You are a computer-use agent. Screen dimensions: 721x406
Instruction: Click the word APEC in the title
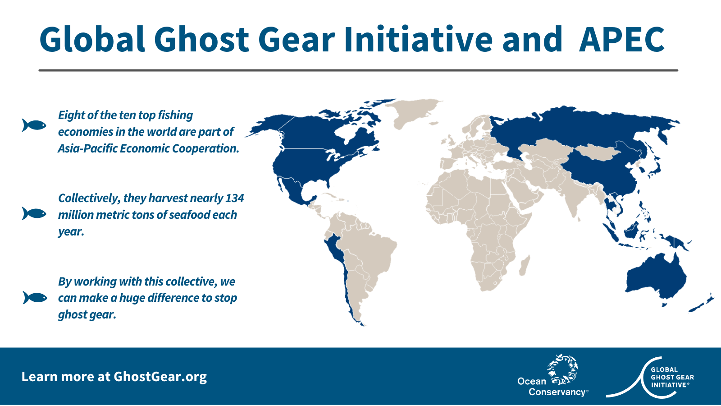621,39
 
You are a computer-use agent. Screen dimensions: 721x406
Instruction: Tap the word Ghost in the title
201,39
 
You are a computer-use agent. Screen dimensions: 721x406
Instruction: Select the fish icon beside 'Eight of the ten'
34,125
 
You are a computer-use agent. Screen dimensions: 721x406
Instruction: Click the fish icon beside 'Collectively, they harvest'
34,213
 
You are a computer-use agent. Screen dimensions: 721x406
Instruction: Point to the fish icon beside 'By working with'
35,297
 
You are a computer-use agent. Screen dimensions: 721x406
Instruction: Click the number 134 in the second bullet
234,198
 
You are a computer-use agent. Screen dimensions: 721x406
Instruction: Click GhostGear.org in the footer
160,377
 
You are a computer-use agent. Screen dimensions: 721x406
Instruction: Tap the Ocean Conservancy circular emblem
563,369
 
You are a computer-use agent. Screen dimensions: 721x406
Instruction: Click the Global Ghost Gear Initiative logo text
672,377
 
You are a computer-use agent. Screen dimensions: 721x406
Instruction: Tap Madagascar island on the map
525,265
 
